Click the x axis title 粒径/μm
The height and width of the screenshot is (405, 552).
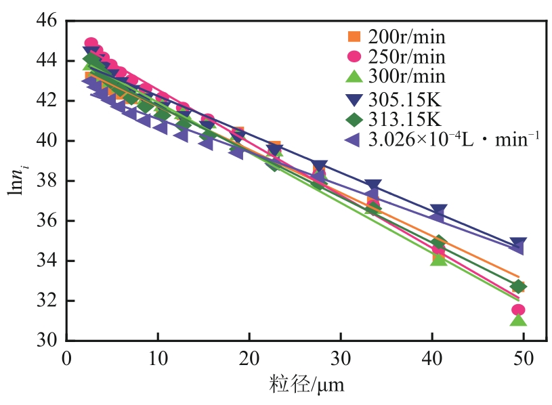coord(299,385)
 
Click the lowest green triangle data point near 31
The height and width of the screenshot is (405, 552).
coord(519,320)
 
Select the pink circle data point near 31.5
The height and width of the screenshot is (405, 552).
coord(519,310)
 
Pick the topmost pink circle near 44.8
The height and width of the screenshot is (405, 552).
coord(91,44)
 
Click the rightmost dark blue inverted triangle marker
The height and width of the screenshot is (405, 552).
coord(519,244)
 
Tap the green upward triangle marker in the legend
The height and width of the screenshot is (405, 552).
coord(354,77)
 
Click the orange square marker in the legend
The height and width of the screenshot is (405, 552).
coord(354,37)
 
